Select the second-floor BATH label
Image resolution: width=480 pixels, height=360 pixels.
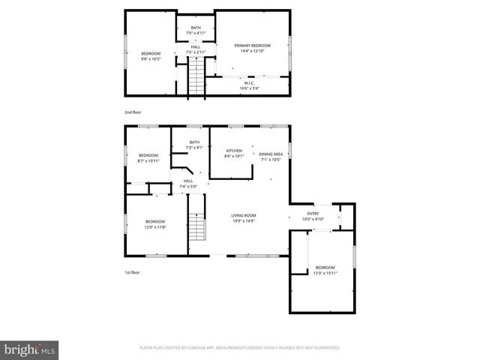click(195, 28)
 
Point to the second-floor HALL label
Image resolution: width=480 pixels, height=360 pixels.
click(195, 47)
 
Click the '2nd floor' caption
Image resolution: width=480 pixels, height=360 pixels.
click(132, 112)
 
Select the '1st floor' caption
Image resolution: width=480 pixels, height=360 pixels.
click(132, 272)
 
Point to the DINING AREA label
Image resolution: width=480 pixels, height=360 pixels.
click(271, 154)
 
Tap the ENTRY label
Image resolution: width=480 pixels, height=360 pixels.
click(313, 214)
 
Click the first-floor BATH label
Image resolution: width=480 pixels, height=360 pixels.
click(194, 142)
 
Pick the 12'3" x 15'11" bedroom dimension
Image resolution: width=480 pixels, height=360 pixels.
click(325, 273)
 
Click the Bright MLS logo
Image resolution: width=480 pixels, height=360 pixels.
click(29, 349)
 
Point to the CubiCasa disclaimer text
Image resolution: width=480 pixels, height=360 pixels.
click(240, 348)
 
